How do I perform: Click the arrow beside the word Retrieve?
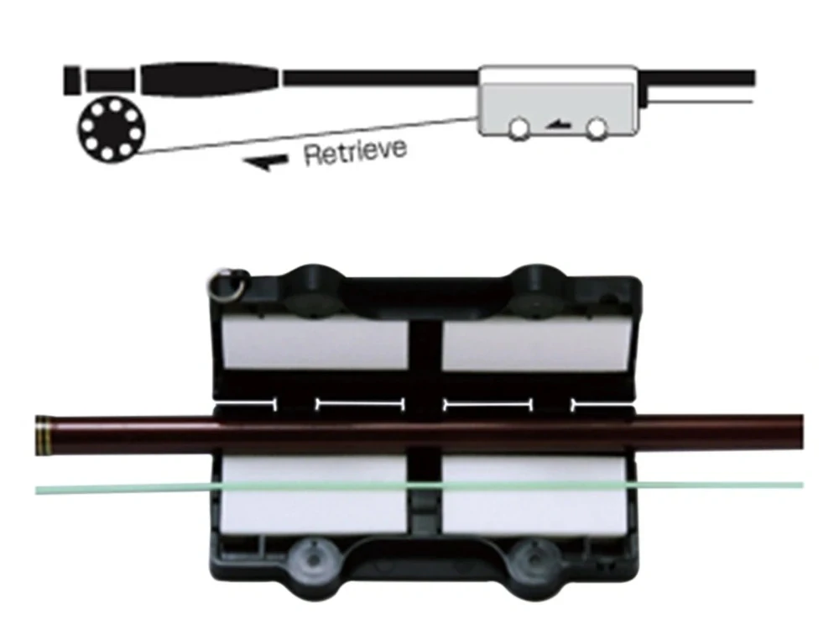coord(266,162)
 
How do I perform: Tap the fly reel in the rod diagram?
coord(112,129)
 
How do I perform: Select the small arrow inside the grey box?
coord(558,125)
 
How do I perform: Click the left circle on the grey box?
coord(519,129)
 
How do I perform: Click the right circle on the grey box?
coord(596,129)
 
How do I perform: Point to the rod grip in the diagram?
coord(210,80)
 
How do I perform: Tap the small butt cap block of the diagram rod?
coord(71,81)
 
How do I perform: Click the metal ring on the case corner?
coord(227,284)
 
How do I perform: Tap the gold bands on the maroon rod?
coord(43,435)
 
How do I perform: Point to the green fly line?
coord(419,487)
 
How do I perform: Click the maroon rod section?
coord(419,435)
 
